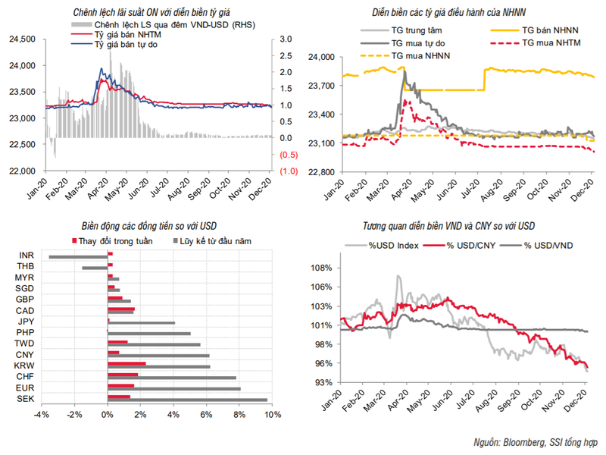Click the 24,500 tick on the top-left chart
[x=23, y=39]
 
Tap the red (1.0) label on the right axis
[x=287, y=171]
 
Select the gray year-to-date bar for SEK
[x=188, y=400]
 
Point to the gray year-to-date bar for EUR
[x=174, y=389]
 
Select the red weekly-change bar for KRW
[x=127, y=365]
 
